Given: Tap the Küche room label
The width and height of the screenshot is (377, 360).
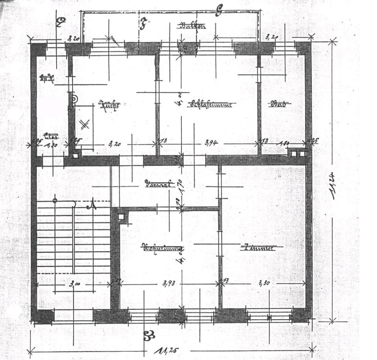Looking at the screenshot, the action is click(x=109, y=105).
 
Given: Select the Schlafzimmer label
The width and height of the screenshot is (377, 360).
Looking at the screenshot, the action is click(x=211, y=104).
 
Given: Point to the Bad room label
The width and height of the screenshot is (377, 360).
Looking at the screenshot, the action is click(x=280, y=104).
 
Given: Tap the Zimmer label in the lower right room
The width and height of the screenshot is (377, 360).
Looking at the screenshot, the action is click(x=257, y=248).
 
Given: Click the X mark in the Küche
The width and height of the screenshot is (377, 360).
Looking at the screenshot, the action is click(x=83, y=125).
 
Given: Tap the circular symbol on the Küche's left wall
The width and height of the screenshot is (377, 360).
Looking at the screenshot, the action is click(x=74, y=99).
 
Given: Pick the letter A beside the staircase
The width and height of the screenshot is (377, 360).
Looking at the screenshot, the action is click(x=92, y=205).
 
